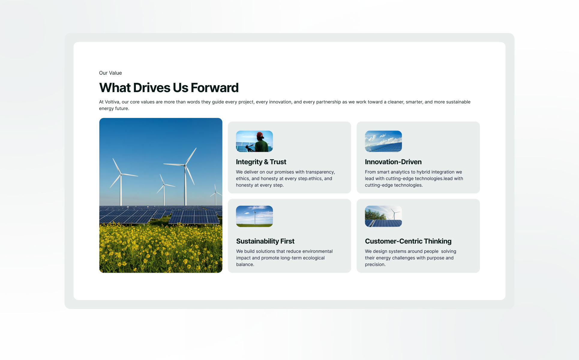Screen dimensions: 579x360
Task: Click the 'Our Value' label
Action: coord(110,73)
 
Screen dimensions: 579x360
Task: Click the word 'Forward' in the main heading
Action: coord(214,88)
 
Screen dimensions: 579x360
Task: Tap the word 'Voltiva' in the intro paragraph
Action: coord(112,102)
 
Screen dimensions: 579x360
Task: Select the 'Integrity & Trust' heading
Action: coord(261,162)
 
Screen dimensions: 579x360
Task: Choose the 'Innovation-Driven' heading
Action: coord(393,162)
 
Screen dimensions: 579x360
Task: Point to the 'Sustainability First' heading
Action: coord(265,241)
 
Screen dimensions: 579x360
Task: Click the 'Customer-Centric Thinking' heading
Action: coord(408,241)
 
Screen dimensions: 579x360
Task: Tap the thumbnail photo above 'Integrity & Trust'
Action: coord(254,141)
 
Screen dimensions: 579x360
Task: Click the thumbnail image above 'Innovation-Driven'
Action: coord(383,141)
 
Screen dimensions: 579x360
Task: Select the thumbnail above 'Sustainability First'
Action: coord(254,216)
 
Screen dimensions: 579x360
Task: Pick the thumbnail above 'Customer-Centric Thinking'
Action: coord(383,216)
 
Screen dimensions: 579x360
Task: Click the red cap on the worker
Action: coord(260,135)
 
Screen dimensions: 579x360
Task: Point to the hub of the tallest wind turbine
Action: coord(185,165)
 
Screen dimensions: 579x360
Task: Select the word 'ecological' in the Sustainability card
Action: coord(313,258)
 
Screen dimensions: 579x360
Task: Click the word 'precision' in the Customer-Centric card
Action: coord(374,265)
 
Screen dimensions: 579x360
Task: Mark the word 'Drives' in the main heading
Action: coord(152,88)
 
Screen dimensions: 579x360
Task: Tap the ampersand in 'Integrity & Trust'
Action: coord(266,162)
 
